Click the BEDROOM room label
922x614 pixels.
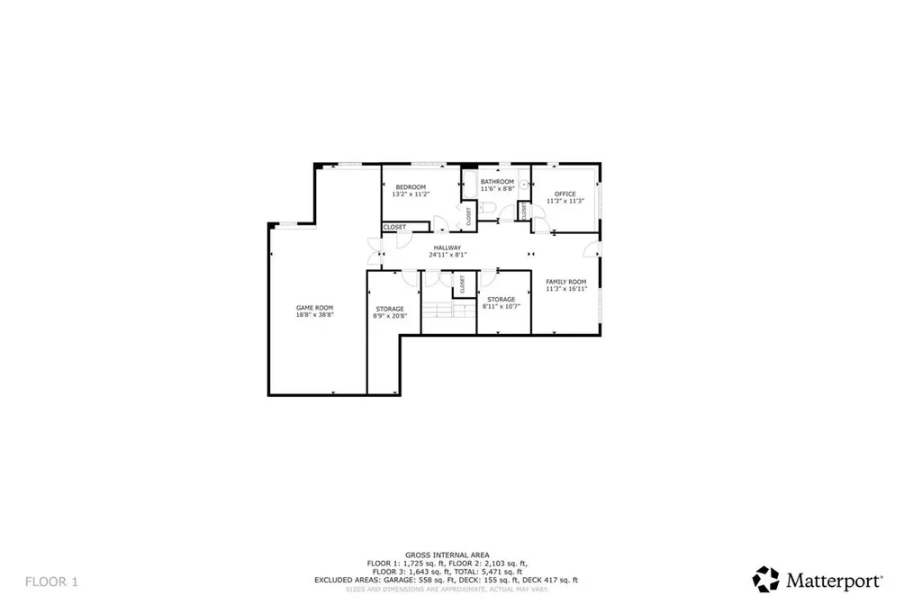411,187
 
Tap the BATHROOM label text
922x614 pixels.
497,182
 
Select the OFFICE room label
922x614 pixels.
565,194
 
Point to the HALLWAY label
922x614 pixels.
447,248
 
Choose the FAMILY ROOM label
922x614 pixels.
565,282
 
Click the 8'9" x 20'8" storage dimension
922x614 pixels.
390,316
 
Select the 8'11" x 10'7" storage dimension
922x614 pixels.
502,306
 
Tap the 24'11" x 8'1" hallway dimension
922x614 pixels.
447,255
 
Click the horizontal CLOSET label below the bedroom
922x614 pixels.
395,227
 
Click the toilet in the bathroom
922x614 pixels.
486,209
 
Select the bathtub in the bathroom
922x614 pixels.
468,185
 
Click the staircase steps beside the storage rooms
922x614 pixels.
448,311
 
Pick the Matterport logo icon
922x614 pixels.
765,579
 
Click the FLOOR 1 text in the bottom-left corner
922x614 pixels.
51,582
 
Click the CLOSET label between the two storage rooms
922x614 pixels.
462,285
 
